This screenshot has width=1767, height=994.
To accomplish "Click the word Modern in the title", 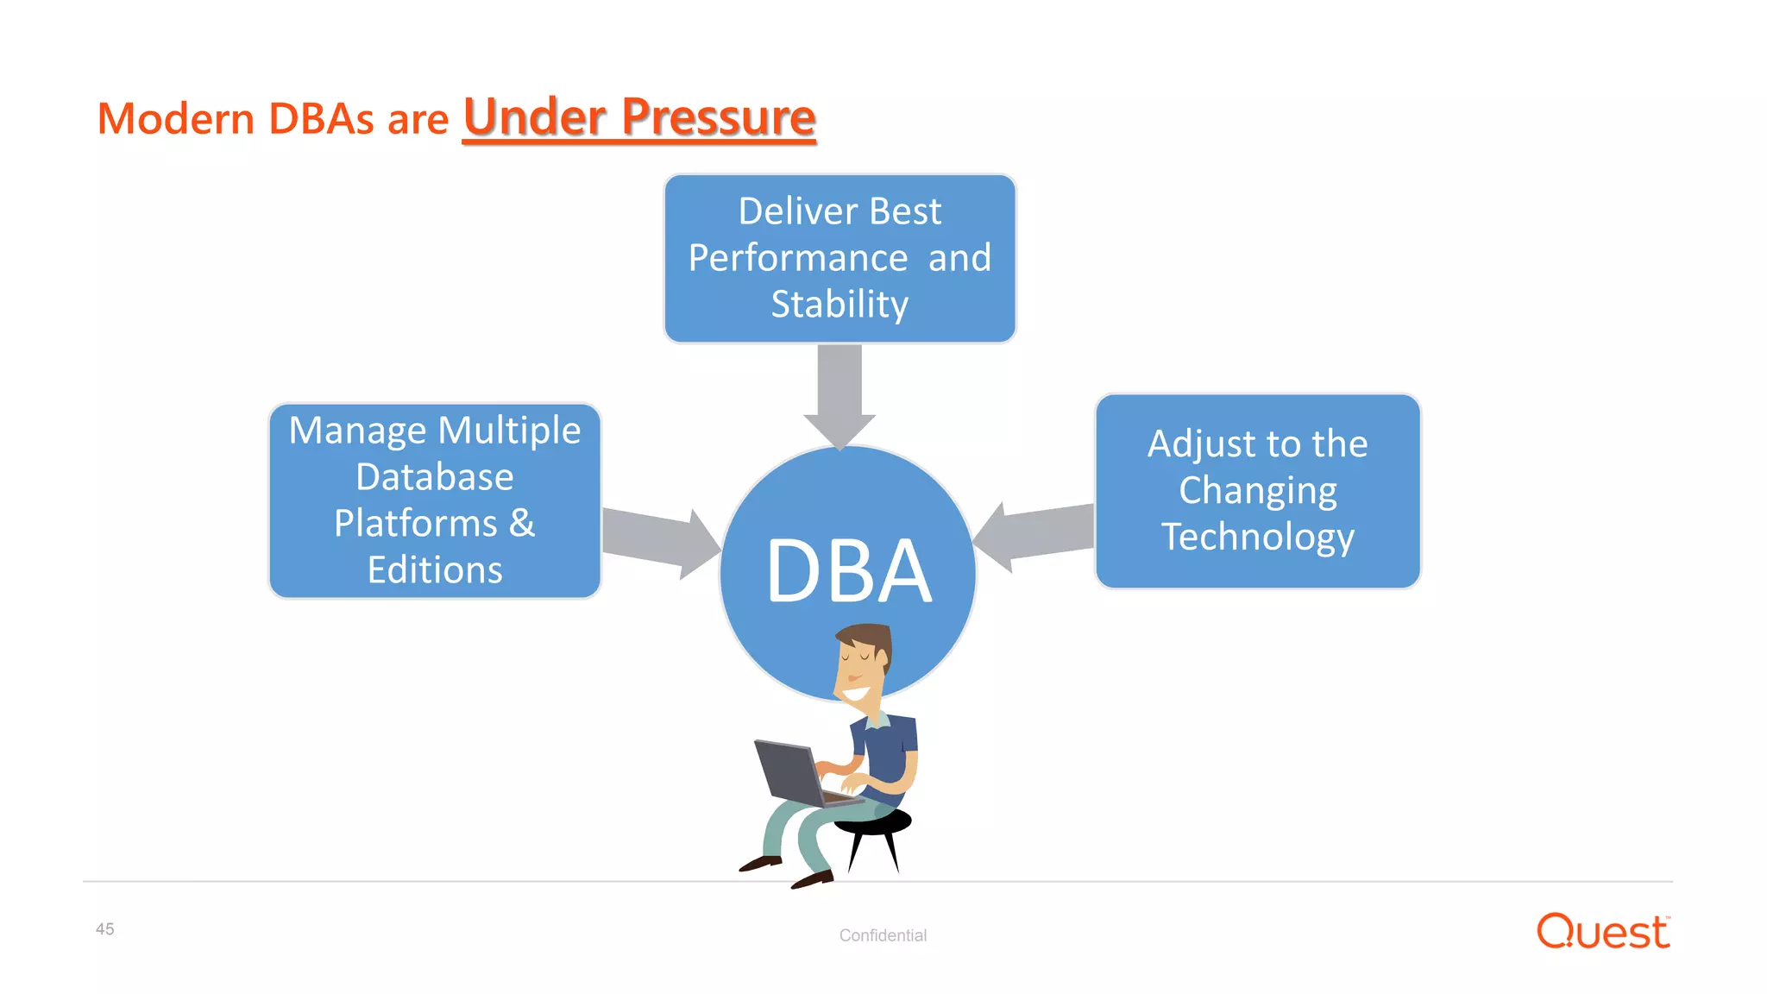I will (175, 119).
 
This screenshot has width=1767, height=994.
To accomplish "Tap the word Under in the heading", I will (535, 117).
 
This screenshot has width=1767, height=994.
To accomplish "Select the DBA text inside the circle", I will (849, 571).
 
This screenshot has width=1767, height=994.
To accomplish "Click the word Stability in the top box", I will (839, 305).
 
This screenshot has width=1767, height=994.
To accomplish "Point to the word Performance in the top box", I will (798, 258).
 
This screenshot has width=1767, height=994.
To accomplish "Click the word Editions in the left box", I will (435, 570).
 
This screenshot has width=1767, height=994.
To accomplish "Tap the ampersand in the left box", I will (522, 523).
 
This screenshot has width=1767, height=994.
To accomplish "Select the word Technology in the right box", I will (1257, 537).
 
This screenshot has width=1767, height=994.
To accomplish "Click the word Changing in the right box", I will (1257, 490).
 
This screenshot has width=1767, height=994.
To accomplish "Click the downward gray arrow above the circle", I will (839, 393).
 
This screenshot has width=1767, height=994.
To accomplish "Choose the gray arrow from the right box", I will (1035, 534).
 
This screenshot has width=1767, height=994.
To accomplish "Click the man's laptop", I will (789, 773).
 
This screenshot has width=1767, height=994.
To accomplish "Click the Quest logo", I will (1602, 932).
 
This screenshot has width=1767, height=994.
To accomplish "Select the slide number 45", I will (104, 929).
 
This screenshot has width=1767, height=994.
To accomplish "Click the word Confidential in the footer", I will (883, 935).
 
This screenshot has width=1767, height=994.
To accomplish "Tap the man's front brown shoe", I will (811, 880).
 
